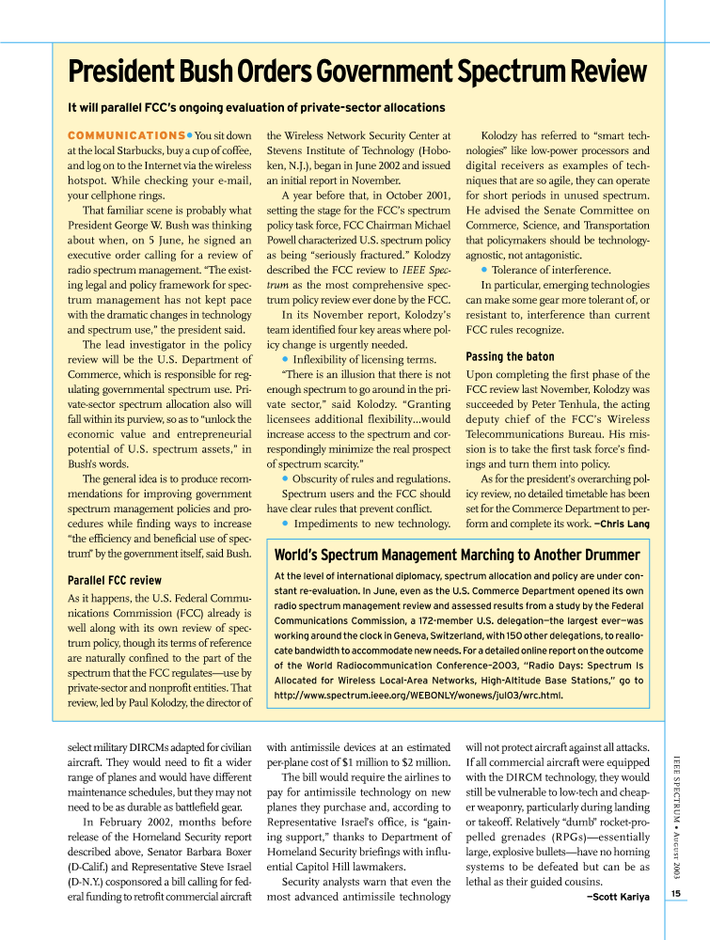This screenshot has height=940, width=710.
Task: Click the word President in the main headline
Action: [x=119, y=72]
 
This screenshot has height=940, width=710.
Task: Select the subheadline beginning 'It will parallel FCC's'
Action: [x=257, y=107]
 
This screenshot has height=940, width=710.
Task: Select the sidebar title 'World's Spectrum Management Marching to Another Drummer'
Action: [x=456, y=556]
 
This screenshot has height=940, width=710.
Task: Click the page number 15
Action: [x=677, y=893]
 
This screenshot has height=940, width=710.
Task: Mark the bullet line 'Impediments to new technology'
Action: [x=360, y=523]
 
